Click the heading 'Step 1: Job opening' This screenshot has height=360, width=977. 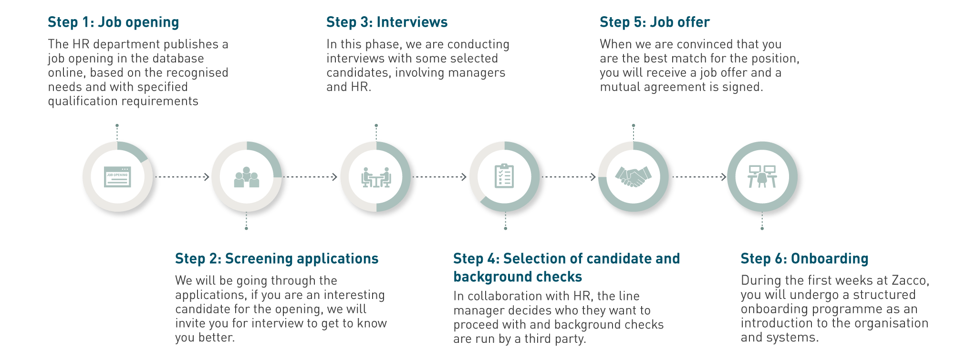click(x=113, y=22)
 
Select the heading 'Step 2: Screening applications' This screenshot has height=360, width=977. click(x=276, y=259)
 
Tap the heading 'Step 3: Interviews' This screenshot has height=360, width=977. click(x=386, y=22)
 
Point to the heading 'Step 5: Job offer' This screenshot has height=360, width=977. click(x=654, y=22)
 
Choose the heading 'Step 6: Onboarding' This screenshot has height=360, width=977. click(x=804, y=259)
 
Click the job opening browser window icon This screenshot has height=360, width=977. click(x=117, y=177)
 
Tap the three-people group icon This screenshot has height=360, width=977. click(x=247, y=177)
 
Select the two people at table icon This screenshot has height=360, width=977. click(x=376, y=177)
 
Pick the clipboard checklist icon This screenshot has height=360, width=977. click(x=504, y=176)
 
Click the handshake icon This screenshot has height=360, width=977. click(x=633, y=176)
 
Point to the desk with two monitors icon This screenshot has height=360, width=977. click(x=762, y=176)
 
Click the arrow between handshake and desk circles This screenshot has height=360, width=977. click(x=700, y=177)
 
